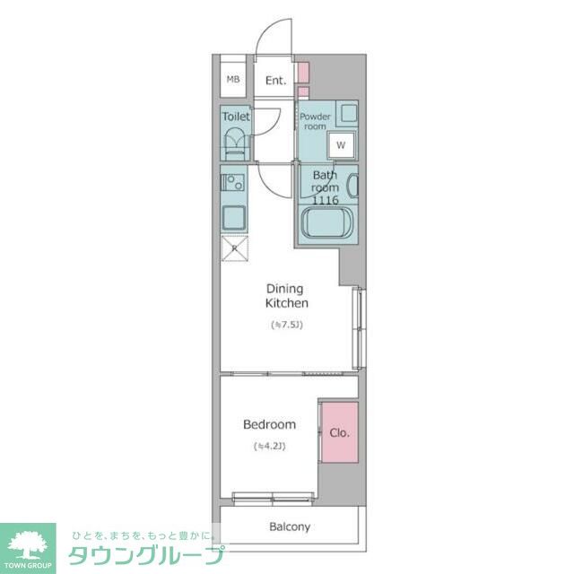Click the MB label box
[233, 80]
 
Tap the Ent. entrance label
[275, 81]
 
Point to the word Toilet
[236, 117]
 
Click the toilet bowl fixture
[236, 143]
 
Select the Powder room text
[315, 121]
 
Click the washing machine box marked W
[341, 143]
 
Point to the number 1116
[326, 201]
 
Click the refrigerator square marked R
[235, 248]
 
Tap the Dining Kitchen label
[286, 296]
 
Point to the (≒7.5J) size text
[287, 325]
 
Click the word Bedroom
[270, 424]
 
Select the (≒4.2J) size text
[270, 446]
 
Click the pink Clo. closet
[339, 432]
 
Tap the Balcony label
[290, 526]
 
